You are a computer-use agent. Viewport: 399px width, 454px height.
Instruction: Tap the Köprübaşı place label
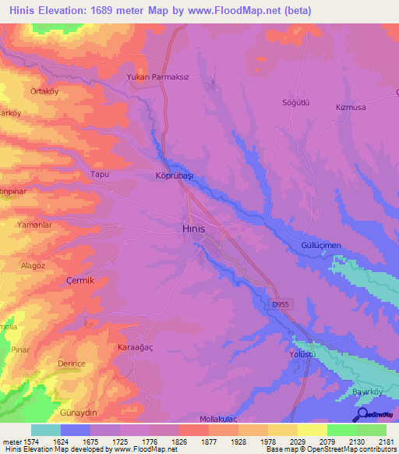[175, 176]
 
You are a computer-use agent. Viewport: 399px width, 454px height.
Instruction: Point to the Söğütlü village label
[295, 102]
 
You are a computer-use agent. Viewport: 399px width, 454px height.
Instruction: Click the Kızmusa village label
[350, 106]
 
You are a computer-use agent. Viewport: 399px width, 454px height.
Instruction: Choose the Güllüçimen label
[321, 246]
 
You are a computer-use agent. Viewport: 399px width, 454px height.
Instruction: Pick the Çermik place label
[79, 281]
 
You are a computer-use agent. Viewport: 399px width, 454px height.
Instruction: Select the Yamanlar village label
[34, 224]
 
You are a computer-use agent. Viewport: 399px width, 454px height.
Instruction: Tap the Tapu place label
[101, 175]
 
